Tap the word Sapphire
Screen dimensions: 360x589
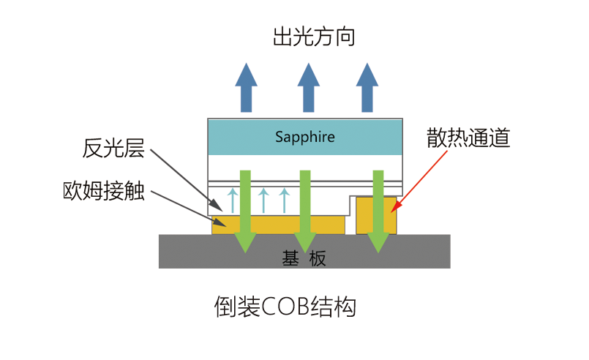(x=305, y=137)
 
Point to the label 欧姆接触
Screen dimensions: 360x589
(x=104, y=193)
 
